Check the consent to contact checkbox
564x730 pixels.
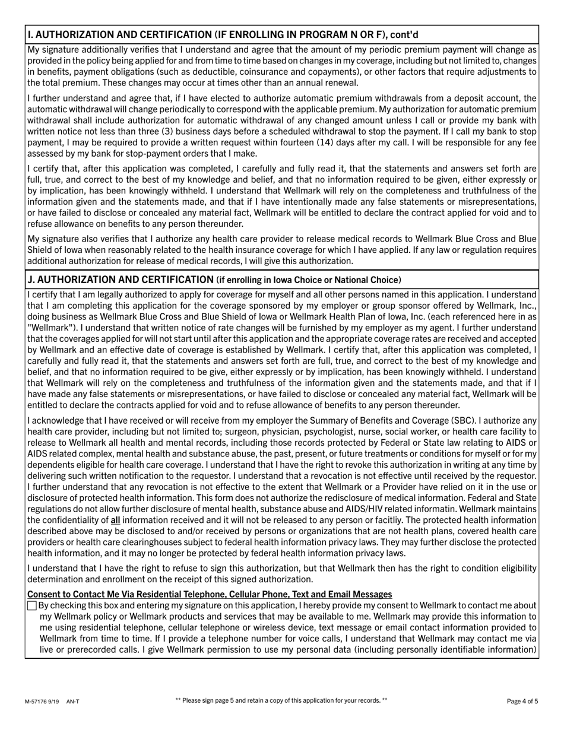[x=32, y=606]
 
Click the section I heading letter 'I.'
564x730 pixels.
[x=30, y=35]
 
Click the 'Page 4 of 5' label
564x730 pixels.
[x=522, y=702]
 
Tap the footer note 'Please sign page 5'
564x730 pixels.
[x=281, y=701]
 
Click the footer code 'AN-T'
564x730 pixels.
[x=73, y=702]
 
